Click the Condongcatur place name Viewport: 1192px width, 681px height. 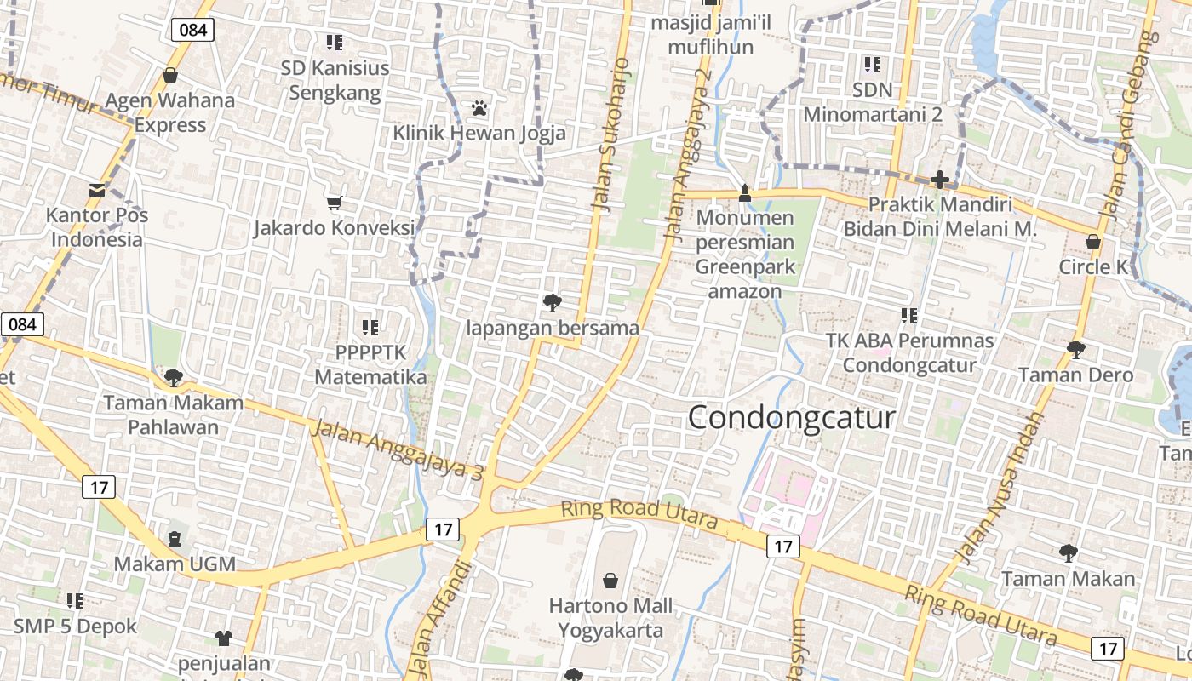click(x=791, y=417)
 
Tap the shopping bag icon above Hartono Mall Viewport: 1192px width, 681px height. click(x=610, y=581)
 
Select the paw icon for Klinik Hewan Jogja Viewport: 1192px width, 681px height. click(x=479, y=108)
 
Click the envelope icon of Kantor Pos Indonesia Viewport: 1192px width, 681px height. click(x=97, y=190)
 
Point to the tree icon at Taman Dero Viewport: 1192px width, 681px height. click(x=1075, y=349)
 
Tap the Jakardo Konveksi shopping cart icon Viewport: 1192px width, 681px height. click(x=334, y=203)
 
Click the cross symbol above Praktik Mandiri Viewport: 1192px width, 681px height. click(x=940, y=180)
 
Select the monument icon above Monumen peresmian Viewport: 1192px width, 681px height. click(x=745, y=193)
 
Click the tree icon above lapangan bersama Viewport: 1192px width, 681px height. click(x=552, y=302)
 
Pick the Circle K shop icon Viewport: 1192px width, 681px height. click(x=1093, y=243)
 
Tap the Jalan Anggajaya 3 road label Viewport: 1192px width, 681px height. click(x=397, y=449)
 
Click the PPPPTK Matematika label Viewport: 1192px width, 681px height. click(x=370, y=364)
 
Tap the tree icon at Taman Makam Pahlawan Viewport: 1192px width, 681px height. click(x=174, y=377)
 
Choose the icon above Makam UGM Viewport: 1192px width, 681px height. click(x=175, y=539)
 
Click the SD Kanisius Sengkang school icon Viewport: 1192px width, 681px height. click(x=335, y=42)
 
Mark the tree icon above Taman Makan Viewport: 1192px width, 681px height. click(x=1068, y=553)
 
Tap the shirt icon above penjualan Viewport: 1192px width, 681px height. click(x=224, y=638)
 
